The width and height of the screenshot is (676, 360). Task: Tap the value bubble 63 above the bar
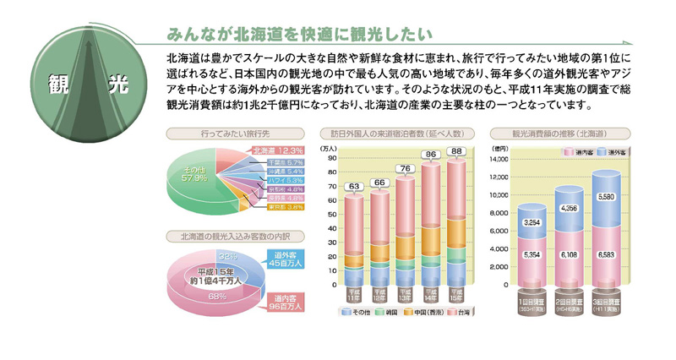coord(354,186)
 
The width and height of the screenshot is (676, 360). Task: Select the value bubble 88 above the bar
coord(455,151)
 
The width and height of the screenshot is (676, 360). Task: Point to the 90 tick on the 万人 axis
coord(332,157)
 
